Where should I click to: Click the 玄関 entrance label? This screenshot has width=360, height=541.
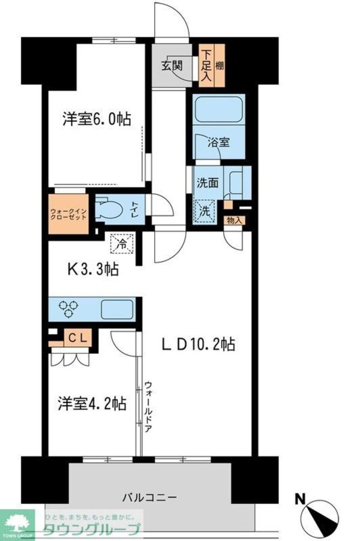[x=171, y=65]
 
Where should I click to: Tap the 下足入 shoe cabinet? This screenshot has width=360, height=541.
[x=205, y=66]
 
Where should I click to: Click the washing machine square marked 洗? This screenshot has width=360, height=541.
[x=205, y=211]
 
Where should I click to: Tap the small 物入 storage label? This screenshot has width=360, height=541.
[x=235, y=220]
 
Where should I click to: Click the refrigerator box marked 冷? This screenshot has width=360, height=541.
[x=121, y=244]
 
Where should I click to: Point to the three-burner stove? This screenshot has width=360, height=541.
[x=68, y=309]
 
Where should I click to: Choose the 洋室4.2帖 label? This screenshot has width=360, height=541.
[x=92, y=403]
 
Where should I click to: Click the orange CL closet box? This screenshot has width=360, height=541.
[x=77, y=338]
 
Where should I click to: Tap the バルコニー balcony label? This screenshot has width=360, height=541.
[x=149, y=498]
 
